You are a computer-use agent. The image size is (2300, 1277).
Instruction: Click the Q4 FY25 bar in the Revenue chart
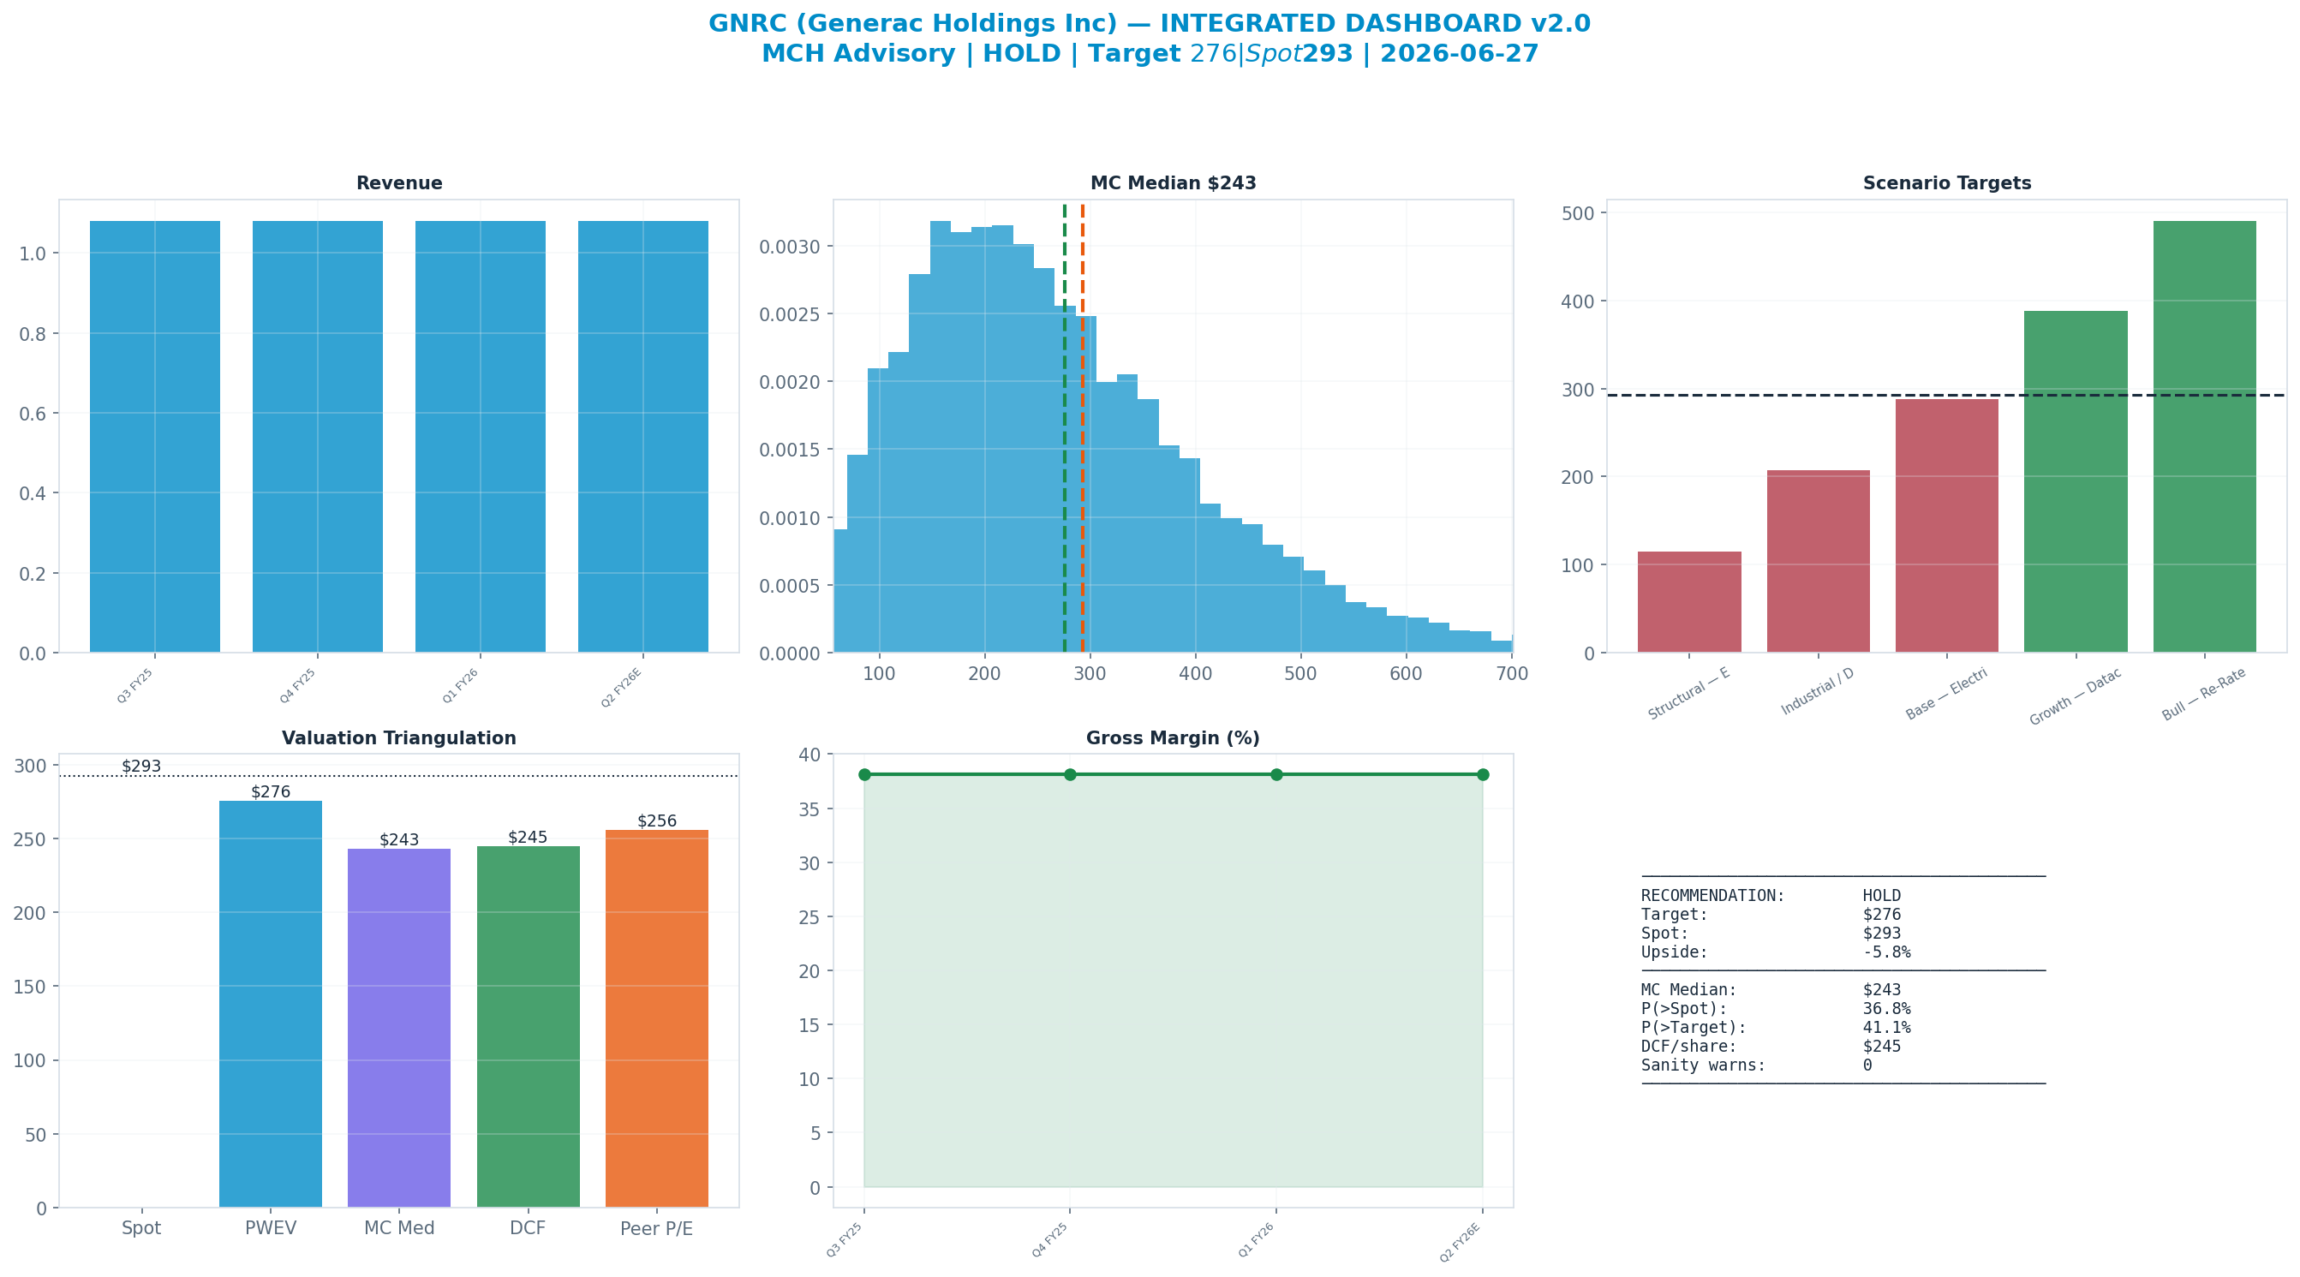318,437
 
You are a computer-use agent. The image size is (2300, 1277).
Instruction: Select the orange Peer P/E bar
657,1019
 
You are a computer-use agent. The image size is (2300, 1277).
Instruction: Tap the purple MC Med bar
399,1028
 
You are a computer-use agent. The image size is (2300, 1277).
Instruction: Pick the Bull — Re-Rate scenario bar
2204,437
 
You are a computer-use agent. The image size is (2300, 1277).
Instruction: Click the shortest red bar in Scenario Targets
1689,602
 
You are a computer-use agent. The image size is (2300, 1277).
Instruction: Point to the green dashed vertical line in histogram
1064,428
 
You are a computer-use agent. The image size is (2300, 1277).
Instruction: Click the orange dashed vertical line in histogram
1083,428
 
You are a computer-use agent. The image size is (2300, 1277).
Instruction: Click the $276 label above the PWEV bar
271,792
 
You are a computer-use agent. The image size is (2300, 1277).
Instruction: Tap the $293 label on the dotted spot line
141,767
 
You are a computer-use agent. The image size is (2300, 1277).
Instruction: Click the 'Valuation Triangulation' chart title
399,738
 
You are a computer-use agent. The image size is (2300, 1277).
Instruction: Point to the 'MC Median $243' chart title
1174,183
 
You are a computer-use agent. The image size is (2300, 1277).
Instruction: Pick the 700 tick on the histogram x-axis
1512,673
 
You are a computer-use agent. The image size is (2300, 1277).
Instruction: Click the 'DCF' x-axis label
528,1228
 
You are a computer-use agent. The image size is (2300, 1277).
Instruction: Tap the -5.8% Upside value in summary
1886,952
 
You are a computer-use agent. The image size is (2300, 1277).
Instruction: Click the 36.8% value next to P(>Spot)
1886,1008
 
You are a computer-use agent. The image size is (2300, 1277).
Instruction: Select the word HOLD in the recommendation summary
1882,896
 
